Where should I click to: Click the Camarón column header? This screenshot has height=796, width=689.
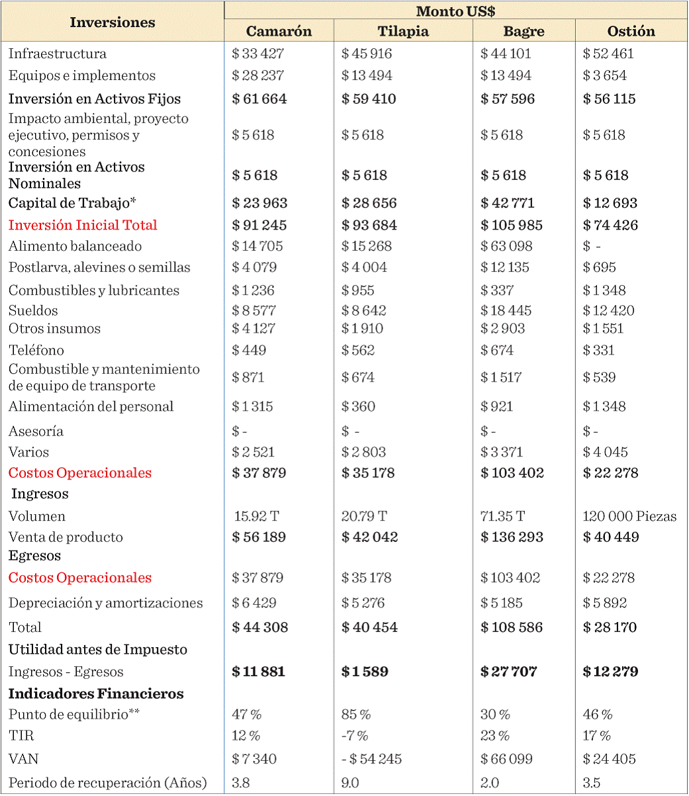[x=279, y=31]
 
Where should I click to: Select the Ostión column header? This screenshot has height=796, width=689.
[x=631, y=31]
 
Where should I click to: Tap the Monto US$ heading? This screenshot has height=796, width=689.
[x=455, y=11]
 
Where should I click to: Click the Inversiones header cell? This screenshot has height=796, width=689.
[x=113, y=22]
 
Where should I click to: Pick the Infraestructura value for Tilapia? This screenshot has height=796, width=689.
[x=367, y=54]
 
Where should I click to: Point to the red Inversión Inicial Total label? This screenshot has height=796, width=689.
[x=83, y=225]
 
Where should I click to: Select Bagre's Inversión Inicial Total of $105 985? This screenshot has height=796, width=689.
[x=513, y=225]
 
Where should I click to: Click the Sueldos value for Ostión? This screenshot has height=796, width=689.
[x=608, y=310]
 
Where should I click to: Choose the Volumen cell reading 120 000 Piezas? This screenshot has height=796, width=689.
[x=629, y=516]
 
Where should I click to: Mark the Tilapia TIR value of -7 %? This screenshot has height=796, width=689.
[x=355, y=736]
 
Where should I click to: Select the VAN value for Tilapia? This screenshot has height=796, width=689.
[x=371, y=759]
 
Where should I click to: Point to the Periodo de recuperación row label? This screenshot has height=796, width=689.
[x=107, y=783]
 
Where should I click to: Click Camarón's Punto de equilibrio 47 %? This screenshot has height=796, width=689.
[x=247, y=715]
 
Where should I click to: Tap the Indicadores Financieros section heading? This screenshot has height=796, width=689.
[x=96, y=693]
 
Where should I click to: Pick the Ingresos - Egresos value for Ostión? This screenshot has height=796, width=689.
[x=610, y=672]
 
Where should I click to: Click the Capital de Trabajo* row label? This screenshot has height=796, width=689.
[x=77, y=202]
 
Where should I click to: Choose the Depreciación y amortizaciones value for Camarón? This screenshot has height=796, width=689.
[x=254, y=603]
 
